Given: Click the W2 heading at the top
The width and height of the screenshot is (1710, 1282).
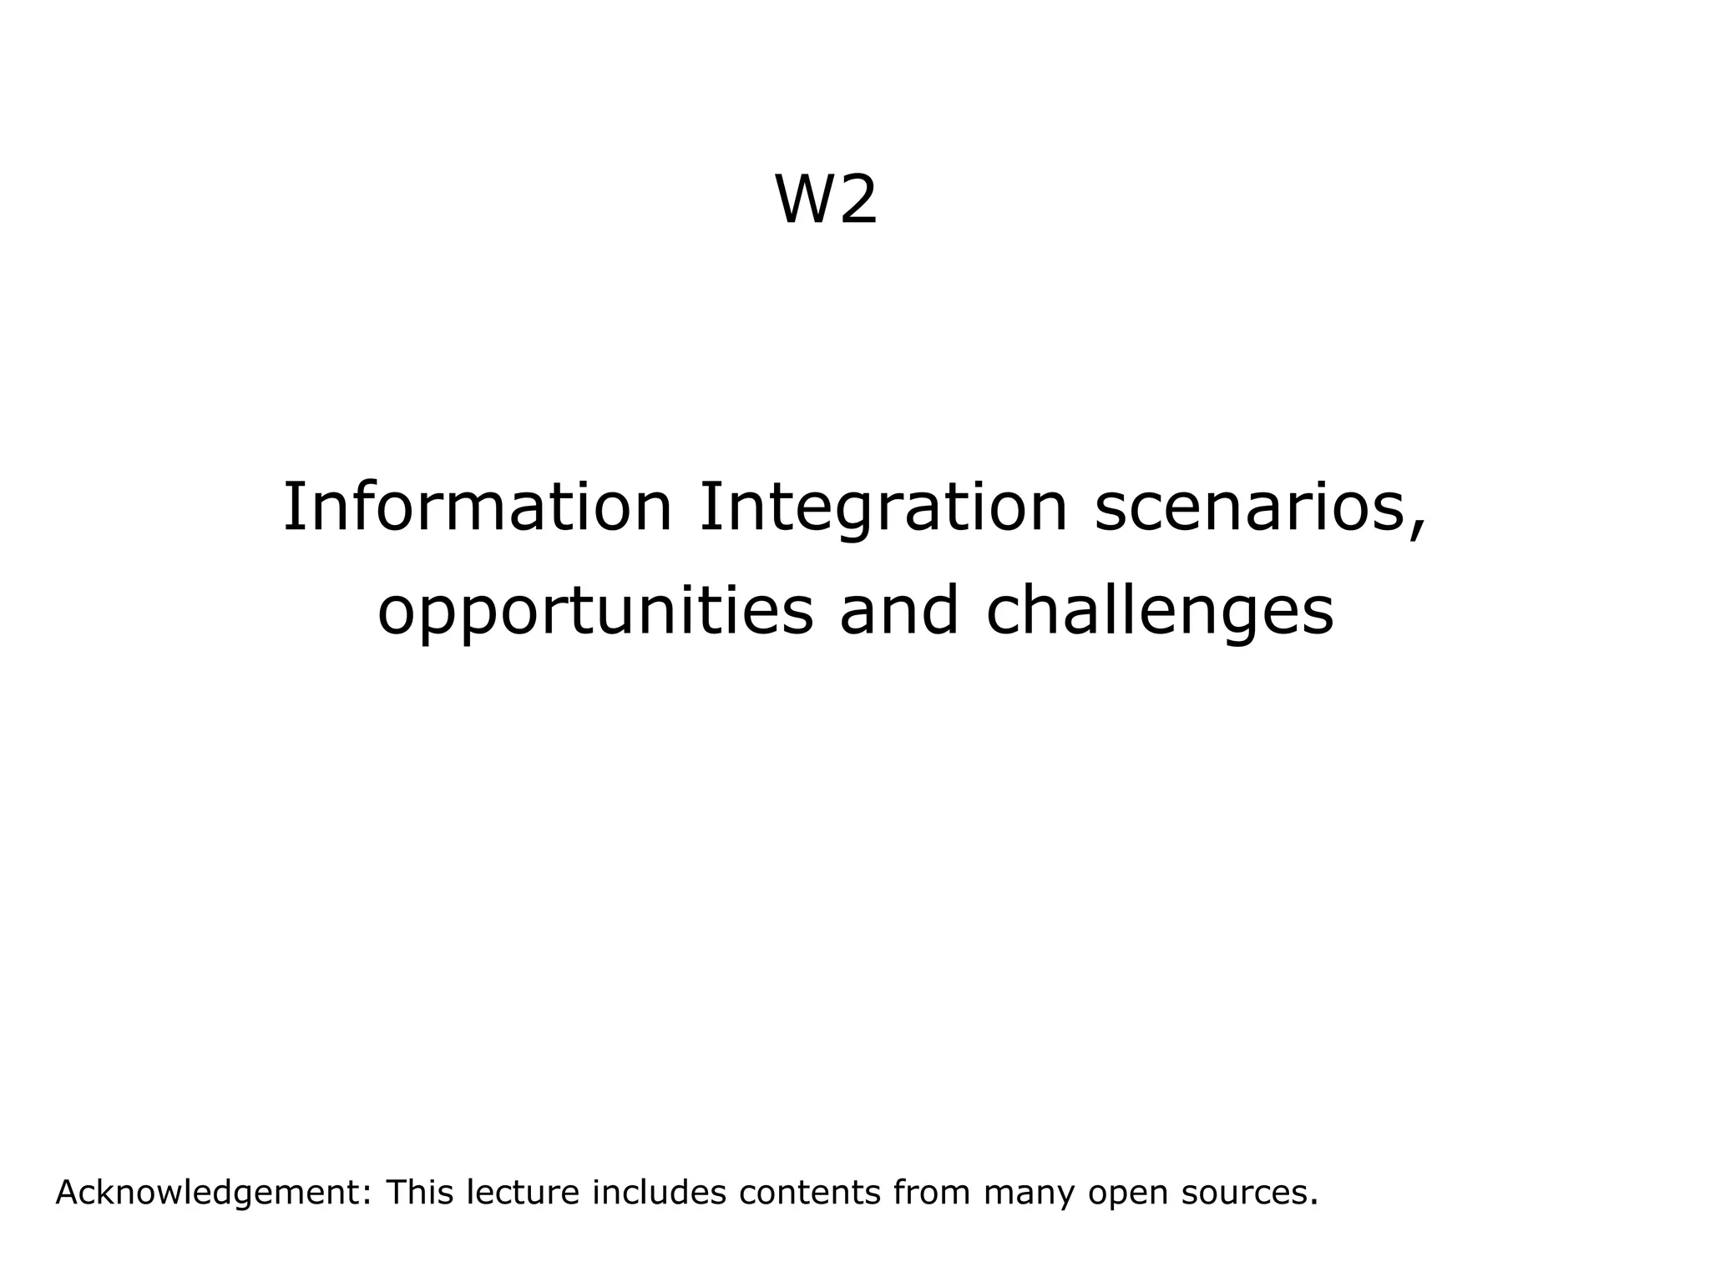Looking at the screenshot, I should point(827,200).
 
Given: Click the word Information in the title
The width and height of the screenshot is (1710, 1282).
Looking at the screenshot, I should point(478,507).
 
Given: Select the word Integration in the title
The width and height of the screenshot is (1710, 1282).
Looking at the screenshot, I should point(883,507).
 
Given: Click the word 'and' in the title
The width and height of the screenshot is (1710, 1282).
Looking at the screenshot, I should point(898,611).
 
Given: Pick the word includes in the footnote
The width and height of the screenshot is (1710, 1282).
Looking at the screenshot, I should point(659,1193).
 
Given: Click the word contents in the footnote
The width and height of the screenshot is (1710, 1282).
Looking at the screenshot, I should point(810,1194).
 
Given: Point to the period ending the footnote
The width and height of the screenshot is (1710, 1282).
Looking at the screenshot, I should point(1314,1203).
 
